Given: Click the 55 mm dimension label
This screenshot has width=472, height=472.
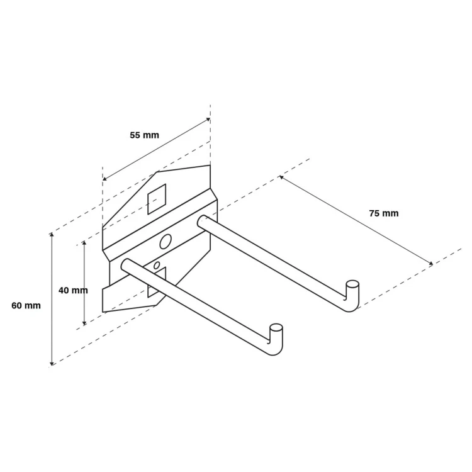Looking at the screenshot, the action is coord(145,135).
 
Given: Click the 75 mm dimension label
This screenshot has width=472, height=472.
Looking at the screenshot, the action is coord(384,213).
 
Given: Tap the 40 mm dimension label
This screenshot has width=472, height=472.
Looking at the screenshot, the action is coord(73,291).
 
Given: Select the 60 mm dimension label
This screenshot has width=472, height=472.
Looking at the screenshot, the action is coord(26,305).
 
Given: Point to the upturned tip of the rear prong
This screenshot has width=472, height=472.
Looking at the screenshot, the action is coord(352,284).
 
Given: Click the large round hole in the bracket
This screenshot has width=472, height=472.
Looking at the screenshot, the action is coord(166,242).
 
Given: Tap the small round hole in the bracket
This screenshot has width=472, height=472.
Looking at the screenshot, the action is coord(157,266).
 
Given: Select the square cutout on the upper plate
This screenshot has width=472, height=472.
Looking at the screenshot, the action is coord(157,199).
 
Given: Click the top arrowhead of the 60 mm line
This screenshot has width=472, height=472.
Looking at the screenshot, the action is coord(52,234).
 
